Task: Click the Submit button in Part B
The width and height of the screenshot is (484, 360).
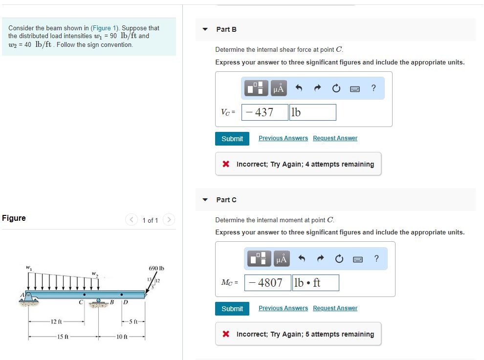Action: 232,139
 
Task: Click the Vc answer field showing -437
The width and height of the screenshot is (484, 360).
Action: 264,112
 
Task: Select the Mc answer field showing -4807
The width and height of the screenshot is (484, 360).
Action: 267,283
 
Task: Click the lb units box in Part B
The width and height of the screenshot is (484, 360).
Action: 312,112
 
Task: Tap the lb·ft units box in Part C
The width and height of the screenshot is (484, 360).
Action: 315,283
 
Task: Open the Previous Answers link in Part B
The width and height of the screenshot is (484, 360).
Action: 283,138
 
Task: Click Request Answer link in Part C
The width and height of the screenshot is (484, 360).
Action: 335,308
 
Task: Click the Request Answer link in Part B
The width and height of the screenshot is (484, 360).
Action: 335,138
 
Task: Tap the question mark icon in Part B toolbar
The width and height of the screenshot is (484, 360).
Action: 374,88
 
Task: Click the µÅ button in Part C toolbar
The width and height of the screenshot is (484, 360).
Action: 281,259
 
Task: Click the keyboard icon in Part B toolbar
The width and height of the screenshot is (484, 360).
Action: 355,89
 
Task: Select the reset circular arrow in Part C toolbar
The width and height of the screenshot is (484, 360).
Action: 338,259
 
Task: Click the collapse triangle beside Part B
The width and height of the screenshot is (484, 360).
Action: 205,29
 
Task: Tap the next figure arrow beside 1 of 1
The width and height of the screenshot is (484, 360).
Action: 169,220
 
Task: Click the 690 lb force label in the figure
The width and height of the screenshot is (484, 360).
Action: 155,269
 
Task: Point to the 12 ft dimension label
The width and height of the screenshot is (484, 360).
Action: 55,321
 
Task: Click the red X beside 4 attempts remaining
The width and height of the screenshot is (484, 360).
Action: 226,164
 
